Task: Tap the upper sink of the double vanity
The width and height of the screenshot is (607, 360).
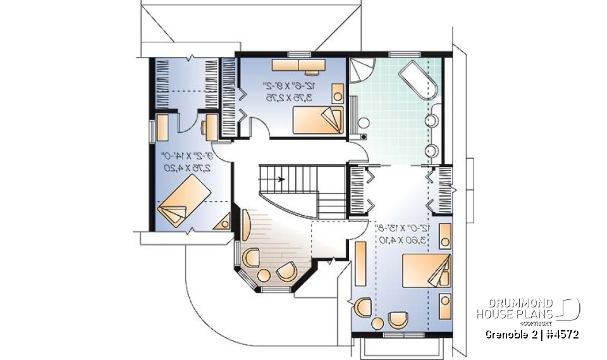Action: pyautogui.click(x=432, y=121)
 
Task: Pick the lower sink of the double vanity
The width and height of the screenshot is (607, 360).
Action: pyautogui.click(x=432, y=150)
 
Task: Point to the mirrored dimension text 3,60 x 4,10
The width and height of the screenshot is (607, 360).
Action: pyautogui.click(x=402, y=240)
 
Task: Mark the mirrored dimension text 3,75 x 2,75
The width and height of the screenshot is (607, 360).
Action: pyautogui.click(x=288, y=97)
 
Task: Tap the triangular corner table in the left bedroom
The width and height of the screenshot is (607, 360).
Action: pyautogui.click(x=223, y=223)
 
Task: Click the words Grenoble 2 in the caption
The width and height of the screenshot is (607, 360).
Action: pyautogui.click(x=510, y=334)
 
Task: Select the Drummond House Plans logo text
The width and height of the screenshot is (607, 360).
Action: pyautogui.click(x=515, y=308)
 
